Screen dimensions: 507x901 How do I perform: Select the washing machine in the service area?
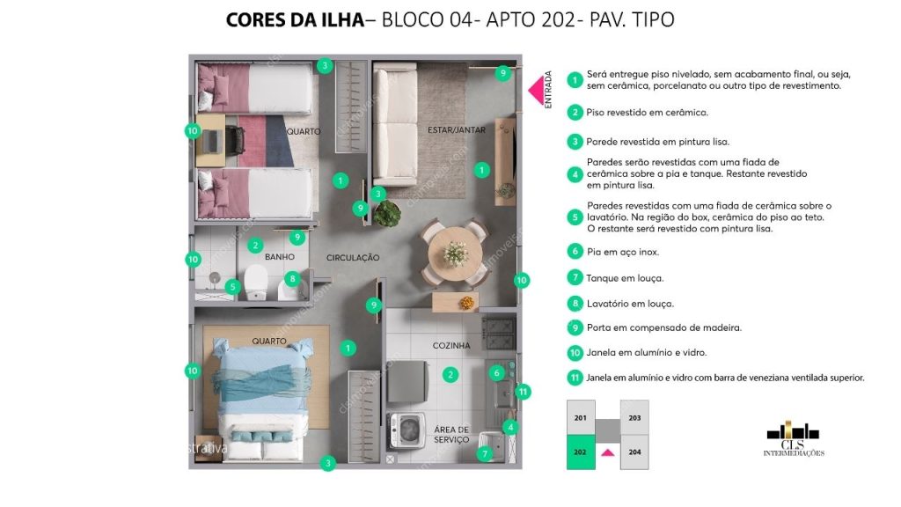coord(407,432)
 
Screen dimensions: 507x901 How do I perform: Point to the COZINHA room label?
coord(451,346)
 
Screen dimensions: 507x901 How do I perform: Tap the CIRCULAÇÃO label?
coord(352,258)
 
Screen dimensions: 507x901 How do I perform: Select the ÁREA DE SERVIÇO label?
coord(451,435)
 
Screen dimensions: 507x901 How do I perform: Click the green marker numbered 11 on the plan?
coord(523,391)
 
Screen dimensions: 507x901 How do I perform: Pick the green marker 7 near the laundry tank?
coord(484,454)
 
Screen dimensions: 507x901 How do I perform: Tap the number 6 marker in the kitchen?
coord(496,372)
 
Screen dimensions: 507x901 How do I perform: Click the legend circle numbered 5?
coord(575,217)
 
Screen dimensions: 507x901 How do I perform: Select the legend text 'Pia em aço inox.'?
coord(622,252)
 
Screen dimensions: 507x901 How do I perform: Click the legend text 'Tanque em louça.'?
coord(625,278)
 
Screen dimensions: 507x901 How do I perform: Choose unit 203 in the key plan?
coord(634,418)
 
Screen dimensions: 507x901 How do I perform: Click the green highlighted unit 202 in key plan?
coord(580,452)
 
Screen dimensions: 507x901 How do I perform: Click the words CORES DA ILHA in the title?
coord(294,19)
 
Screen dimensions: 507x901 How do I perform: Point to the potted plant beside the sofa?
coord(386,213)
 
